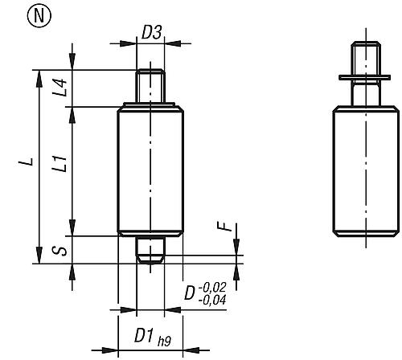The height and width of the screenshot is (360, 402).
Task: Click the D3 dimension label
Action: coord(152,33)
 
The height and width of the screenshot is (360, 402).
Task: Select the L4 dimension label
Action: coord(58,87)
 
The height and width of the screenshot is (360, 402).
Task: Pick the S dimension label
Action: coord(58,251)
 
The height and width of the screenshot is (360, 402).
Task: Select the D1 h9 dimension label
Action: coord(146,332)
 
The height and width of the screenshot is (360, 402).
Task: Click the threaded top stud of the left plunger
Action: coord(152,87)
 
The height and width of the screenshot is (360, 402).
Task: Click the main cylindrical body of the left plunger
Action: coord(152,170)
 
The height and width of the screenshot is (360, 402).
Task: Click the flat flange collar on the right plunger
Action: coord(366,79)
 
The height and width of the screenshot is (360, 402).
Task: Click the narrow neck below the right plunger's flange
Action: coord(366,93)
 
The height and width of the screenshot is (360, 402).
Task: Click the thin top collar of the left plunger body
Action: coord(152,107)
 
